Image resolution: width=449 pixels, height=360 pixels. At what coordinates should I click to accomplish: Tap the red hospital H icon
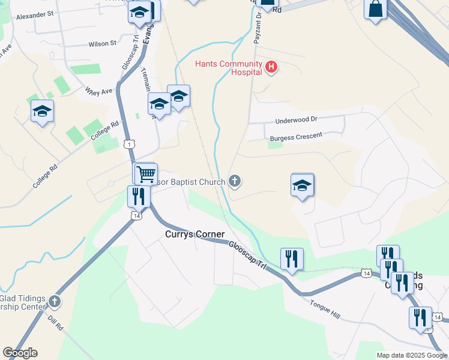click(x=271, y=67)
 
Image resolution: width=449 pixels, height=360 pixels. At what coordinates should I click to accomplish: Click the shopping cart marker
click(x=145, y=174)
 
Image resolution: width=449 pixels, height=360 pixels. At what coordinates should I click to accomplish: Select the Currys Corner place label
click(x=194, y=234)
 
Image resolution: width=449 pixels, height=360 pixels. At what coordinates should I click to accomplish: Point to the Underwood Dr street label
click(x=295, y=121)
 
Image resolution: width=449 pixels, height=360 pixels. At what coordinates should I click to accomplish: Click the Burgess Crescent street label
click(x=296, y=137)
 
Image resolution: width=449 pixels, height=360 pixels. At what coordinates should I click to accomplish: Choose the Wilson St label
click(x=102, y=44)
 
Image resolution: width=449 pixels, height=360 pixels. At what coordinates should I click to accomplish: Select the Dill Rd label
click(x=55, y=325)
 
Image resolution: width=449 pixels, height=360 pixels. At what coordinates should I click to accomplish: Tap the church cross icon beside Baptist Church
click(x=235, y=181)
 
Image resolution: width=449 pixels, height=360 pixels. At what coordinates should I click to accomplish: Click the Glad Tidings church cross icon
click(x=55, y=301)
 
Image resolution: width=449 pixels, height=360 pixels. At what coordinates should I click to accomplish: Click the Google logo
click(x=20, y=352)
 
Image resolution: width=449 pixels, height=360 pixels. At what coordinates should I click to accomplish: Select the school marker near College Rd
click(x=43, y=111)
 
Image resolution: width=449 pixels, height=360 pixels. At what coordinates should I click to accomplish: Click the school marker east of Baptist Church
click(x=303, y=185)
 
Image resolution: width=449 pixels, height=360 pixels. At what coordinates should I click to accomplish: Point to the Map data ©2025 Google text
click(x=412, y=355)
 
